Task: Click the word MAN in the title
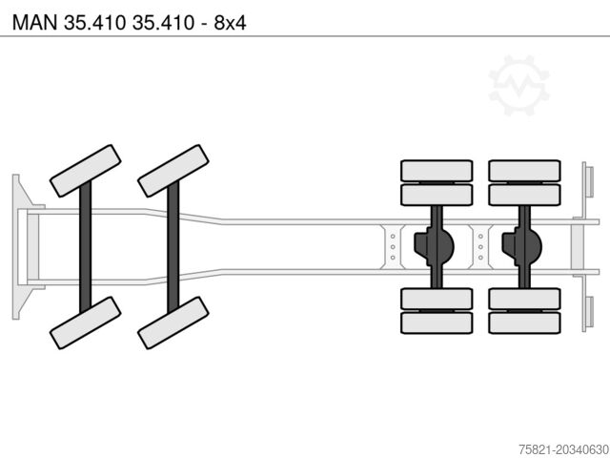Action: (x=34, y=22)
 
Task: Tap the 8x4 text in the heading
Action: (x=230, y=22)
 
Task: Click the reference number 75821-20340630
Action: (x=564, y=449)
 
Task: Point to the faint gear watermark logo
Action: (x=518, y=85)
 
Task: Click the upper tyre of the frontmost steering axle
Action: (x=85, y=171)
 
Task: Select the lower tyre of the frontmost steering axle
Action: (x=85, y=323)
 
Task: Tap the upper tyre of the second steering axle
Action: (x=173, y=171)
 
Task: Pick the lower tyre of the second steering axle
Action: (x=173, y=323)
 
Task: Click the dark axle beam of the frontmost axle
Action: (x=85, y=247)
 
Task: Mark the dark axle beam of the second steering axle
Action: (x=173, y=247)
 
